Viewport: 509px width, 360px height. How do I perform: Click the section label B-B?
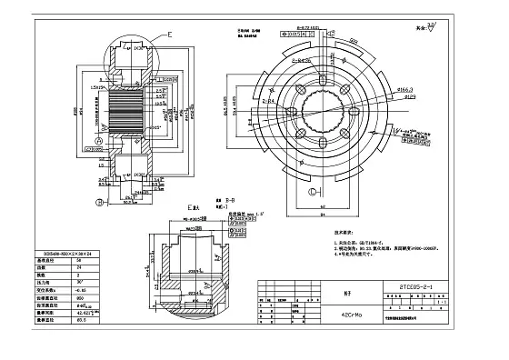(229, 198)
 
